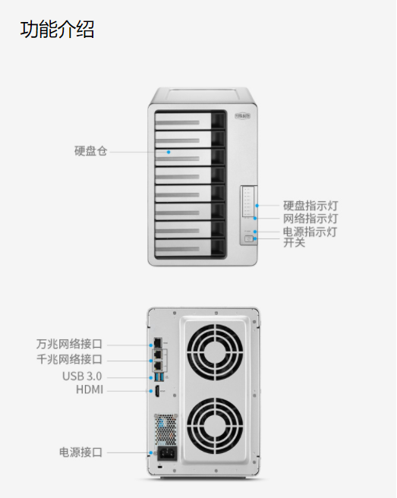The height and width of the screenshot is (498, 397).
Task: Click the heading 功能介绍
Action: click(57, 29)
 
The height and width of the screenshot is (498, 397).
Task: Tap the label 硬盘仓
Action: click(91, 151)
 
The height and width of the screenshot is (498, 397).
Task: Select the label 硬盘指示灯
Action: click(310, 206)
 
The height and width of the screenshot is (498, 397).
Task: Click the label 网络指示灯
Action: click(310, 219)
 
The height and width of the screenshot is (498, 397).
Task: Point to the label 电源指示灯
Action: click(310, 232)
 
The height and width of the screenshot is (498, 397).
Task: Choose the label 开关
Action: click(294, 242)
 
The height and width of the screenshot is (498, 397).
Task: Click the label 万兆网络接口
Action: click(69, 344)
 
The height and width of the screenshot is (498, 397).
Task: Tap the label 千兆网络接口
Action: click(69, 359)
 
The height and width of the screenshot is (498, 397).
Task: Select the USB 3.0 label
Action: click(82, 377)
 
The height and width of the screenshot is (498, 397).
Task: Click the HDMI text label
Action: click(90, 389)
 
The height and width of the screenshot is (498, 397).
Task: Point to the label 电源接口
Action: click(80, 452)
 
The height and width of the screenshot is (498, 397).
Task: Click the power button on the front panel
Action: click(249, 239)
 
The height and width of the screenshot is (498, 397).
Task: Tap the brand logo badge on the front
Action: click(243, 116)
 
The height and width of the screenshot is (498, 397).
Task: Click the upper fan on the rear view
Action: click(215, 352)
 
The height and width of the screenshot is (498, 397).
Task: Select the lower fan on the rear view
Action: click(215, 426)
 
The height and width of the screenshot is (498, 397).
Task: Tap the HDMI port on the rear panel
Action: click(157, 391)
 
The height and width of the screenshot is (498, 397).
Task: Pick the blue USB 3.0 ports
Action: click(159, 377)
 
